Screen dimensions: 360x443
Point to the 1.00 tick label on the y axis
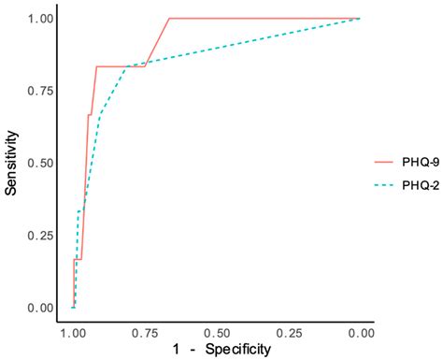[42, 18]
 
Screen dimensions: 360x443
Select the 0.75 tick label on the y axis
[42, 91]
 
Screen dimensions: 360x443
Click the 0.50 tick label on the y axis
[42, 163]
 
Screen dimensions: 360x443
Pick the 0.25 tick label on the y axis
[42, 235]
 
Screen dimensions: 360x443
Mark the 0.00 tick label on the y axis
[42, 308]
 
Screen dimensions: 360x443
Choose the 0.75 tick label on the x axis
[145, 334]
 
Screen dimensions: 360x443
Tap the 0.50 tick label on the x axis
[217, 334]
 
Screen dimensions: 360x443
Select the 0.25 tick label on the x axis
[289, 334]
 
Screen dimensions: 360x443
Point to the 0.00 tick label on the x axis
[361, 334]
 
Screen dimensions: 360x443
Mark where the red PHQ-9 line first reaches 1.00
[169, 18]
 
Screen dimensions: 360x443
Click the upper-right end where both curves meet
[361, 18]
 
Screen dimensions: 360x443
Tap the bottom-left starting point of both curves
[73, 307]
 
